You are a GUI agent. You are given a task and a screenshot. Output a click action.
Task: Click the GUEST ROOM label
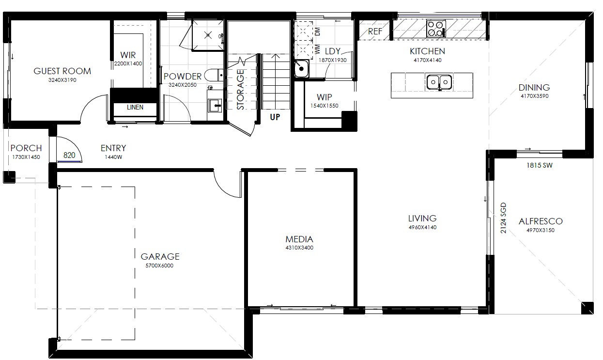coord(62,71)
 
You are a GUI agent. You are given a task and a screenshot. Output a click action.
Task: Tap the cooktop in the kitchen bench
coord(436,29)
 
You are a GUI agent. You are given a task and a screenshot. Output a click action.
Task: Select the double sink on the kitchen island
coord(439,82)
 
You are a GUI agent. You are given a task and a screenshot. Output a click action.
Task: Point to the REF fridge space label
coord(375,31)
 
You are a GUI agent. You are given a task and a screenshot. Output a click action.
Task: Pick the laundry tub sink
coord(301,69)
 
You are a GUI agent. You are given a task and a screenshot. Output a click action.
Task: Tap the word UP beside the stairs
coord(275,117)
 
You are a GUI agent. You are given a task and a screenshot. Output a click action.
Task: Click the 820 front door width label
coord(69,155)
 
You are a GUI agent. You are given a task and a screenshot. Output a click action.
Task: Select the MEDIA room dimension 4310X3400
coord(299,248)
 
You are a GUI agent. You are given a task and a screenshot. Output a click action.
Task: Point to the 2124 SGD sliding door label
coord(503,218)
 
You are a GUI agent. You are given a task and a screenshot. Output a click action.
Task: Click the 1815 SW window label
coord(540,165)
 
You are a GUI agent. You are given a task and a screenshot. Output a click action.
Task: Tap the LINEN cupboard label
coord(135,107)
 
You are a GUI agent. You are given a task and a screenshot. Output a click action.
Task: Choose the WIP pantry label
coord(325,97)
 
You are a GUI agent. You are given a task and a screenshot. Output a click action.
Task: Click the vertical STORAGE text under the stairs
coord(240,89)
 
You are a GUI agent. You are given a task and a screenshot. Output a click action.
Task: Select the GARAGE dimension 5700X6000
coord(159,266)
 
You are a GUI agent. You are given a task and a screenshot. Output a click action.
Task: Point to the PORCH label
coord(26,148)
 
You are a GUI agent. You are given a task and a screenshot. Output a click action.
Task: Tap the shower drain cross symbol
coord(208,35)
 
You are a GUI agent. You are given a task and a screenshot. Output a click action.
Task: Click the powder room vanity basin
coord(215,105)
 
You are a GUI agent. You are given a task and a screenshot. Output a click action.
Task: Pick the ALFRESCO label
coord(541,221)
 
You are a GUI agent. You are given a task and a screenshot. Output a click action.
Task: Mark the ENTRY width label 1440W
coord(113,157)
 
